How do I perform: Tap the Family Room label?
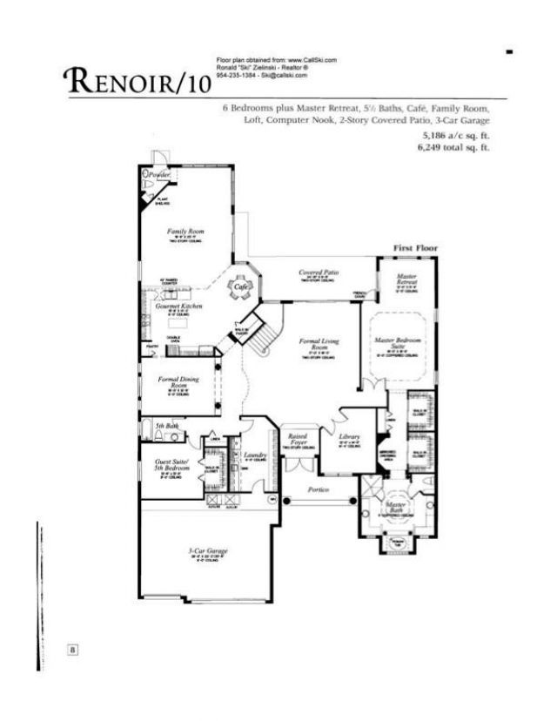pyautogui.click(x=185, y=232)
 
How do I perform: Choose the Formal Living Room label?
pyautogui.click(x=312, y=343)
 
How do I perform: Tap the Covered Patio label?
pyautogui.click(x=318, y=273)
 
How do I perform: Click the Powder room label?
pyautogui.click(x=159, y=175)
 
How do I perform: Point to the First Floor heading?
pyautogui.click(x=415, y=248)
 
